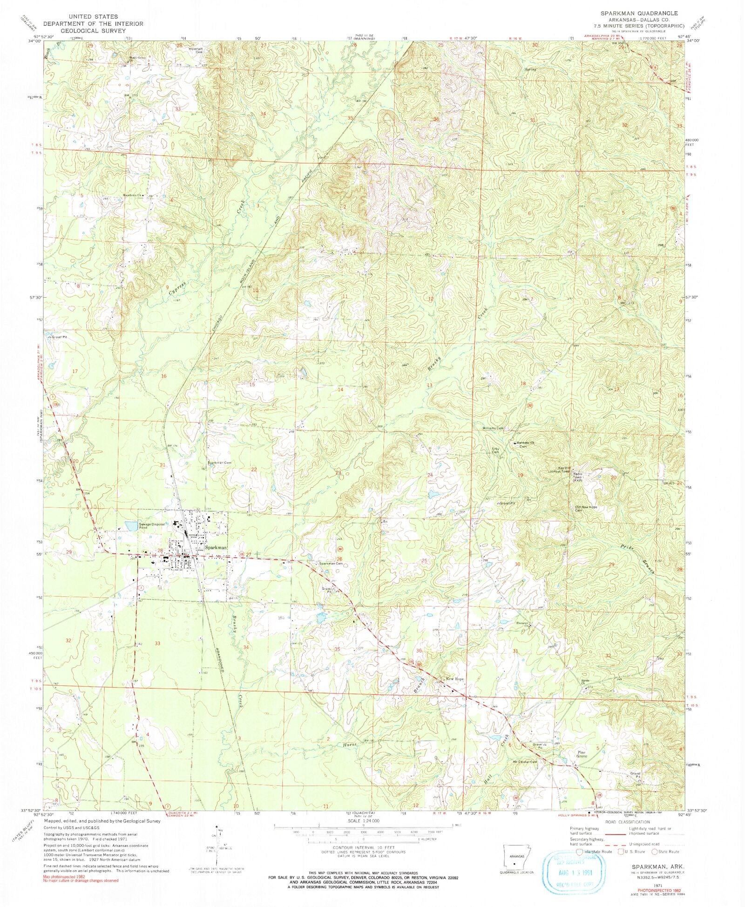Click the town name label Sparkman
216,548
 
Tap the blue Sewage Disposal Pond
132,526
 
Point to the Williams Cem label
493,428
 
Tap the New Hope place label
455,679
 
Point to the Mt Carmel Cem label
525,762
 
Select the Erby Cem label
495,450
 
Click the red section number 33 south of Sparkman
158,643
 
